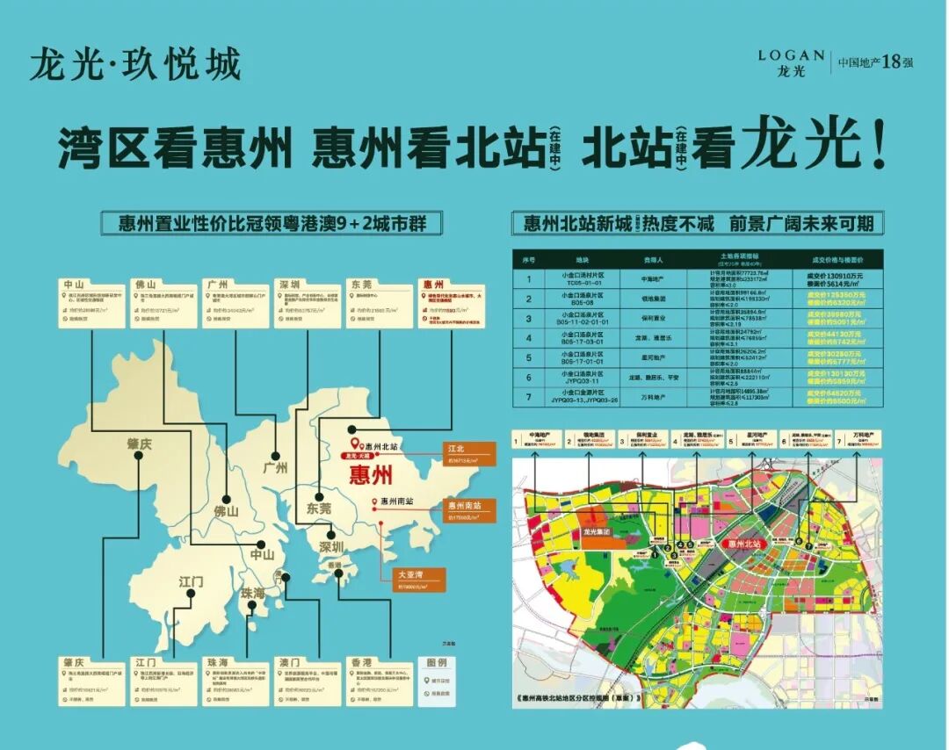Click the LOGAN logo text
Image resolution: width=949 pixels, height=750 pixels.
[x=791, y=55]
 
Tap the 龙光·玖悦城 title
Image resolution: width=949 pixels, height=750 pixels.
[x=134, y=64]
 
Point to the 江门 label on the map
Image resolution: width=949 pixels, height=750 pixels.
[x=191, y=581]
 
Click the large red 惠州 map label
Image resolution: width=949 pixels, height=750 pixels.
[x=370, y=476]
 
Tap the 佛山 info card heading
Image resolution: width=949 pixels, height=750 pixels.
[x=146, y=285]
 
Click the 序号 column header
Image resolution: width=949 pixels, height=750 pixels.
[x=529, y=261]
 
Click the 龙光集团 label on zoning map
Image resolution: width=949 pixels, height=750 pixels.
[x=602, y=532]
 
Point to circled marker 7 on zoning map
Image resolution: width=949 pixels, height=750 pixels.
[x=809, y=545]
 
